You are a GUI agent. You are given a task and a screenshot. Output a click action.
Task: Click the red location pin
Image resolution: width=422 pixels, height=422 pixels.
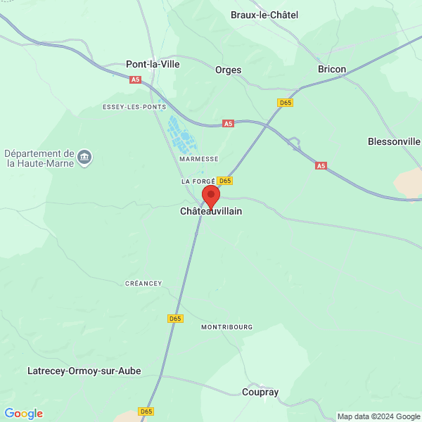[211, 196]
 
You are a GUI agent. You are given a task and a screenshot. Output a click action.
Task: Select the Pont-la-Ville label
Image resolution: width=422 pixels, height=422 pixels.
[153, 64]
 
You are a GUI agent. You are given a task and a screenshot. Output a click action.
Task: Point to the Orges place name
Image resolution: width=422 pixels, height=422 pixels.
[229, 70]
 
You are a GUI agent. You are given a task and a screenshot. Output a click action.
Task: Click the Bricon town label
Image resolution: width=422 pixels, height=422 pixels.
[332, 69]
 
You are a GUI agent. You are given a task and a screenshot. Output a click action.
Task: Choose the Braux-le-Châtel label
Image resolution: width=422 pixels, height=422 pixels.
[264, 14]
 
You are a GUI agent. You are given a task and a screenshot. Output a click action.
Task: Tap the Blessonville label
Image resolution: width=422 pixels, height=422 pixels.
[394, 141]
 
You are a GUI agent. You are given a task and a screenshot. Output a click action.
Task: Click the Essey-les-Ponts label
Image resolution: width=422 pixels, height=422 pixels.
[134, 107]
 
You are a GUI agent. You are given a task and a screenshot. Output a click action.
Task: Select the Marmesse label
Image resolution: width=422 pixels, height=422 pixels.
[199, 159]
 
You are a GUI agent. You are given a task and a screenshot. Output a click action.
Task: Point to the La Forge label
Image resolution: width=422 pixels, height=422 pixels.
[197, 181]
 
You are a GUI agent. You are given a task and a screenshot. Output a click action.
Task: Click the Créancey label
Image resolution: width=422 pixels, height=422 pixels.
[143, 283]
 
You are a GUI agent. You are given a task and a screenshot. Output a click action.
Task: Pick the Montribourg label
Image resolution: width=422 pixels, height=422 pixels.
[226, 327]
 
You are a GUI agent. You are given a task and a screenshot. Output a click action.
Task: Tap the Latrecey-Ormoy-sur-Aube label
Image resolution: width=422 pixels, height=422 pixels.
[84, 371]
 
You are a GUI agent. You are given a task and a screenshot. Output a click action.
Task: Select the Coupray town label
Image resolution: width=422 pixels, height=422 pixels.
[260, 392]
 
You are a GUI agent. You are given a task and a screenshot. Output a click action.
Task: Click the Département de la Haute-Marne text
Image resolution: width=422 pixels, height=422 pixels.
[39, 158]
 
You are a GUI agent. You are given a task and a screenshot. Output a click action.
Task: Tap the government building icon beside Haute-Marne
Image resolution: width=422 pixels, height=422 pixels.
[85, 157]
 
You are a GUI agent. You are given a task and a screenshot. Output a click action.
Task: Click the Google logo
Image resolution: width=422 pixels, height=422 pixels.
[24, 414]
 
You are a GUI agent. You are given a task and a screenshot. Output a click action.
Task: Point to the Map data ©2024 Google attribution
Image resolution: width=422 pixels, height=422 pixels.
[378, 416]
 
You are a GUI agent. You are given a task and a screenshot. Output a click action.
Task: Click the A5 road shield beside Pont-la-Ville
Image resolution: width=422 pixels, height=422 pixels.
[136, 80]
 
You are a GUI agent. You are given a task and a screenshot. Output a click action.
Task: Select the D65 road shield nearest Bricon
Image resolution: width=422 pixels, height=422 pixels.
[285, 103]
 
